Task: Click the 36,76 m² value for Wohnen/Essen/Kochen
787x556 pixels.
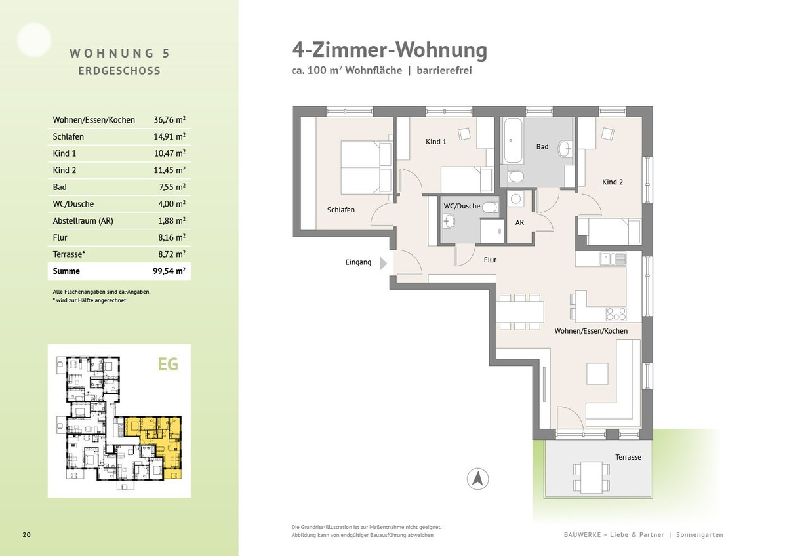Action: (x=169, y=120)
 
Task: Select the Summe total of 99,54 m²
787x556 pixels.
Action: (x=169, y=271)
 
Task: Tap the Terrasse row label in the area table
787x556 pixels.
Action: (x=68, y=254)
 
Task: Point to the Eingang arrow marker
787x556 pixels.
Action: (x=384, y=263)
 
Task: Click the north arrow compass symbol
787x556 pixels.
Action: (x=477, y=479)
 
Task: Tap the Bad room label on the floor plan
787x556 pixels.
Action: (x=542, y=147)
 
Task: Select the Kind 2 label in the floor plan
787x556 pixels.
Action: (x=613, y=182)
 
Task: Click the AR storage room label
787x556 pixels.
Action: (x=519, y=222)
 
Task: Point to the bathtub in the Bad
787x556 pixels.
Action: (x=512, y=140)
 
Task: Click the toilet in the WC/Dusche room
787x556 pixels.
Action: (x=490, y=208)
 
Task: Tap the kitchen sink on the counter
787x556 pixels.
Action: (x=613, y=259)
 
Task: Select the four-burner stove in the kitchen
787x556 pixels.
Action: (x=616, y=314)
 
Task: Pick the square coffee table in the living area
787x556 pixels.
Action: (x=597, y=374)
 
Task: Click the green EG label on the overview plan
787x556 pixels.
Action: (x=168, y=365)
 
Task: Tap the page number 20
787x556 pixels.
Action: (x=26, y=534)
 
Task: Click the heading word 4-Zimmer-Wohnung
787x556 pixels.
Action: (x=390, y=50)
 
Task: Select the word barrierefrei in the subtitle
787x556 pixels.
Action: (x=444, y=70)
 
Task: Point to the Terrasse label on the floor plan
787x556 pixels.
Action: (x=628, y=457)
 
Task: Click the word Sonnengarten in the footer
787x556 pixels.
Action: (x=700, y=534)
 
